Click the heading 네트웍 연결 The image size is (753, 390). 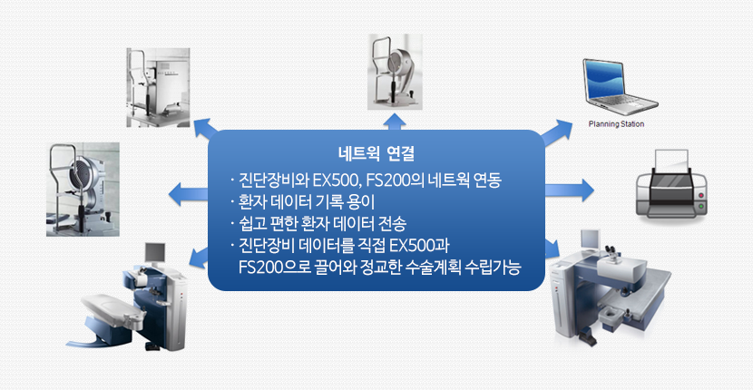point(376,154)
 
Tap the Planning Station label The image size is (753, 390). point(616,124)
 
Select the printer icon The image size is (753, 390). point(671,184)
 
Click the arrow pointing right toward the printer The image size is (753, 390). point(570,190)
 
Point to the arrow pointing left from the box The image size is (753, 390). point(188,194)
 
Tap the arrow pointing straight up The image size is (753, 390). point(394,122)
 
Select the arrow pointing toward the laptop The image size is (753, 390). point(556,132)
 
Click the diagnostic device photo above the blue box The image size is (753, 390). point(395,72)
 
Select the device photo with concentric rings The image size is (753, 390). point(83,190)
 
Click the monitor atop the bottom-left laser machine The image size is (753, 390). point(155,252)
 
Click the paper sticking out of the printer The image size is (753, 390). point(671,161)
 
